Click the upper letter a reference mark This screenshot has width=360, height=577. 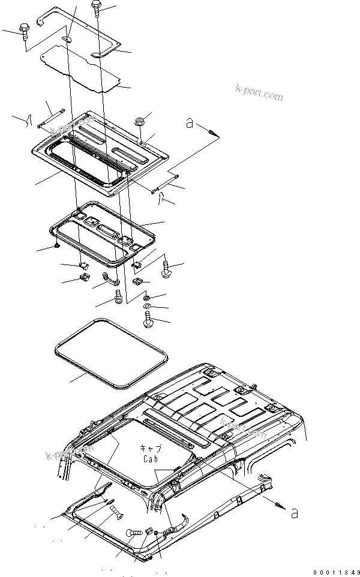pos(190,124)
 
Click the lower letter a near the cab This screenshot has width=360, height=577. pos(292,513)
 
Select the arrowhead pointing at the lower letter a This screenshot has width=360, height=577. pos(279,506)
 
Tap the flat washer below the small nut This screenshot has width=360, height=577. pos(147,308)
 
